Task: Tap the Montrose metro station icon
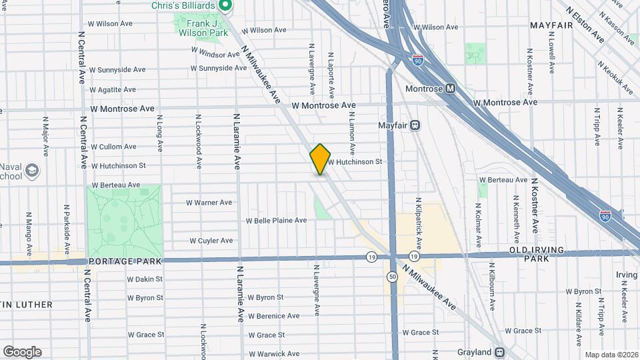[451, 88]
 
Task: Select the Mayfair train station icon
[415, 125]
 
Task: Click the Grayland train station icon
[499, 352]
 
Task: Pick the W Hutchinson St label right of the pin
[354, 161]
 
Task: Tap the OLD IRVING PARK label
[537, 250]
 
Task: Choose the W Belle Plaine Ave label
[276, 220]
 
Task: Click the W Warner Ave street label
[209, 202]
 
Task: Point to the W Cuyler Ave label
[211, 241]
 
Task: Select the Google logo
[22, 352]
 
